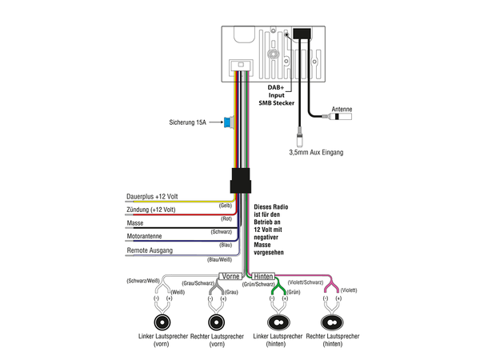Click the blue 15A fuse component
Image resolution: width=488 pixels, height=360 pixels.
click(x=230, y=122)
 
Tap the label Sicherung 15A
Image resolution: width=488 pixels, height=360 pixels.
click(x=188, y=123)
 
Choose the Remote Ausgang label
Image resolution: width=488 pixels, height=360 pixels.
click(x=150, y=251)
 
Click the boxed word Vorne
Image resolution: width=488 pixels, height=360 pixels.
click(x=230, y=274)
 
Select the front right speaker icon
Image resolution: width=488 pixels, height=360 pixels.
click(x=215, y=323)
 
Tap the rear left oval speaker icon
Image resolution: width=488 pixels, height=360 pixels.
click(x=278, y=323)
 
